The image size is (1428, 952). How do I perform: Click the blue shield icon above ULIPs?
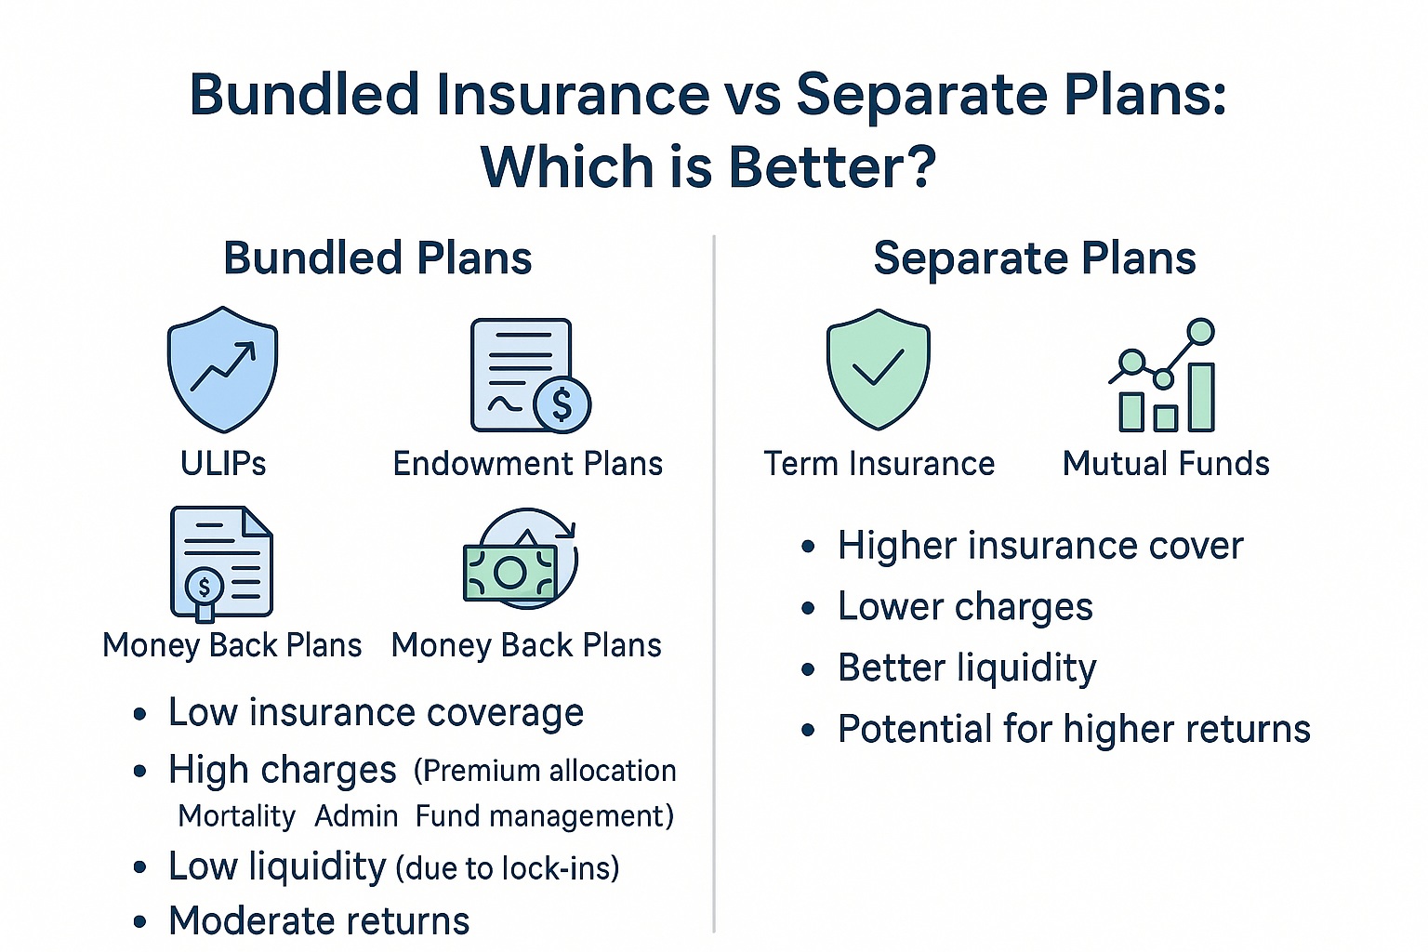point(222,370)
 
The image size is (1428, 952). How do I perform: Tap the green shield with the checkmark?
point(878,369)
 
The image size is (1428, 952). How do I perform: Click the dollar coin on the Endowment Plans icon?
point(562,405)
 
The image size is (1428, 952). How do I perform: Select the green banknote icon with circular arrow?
point(521,559)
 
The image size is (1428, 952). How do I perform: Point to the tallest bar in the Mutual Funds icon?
point(1201,397)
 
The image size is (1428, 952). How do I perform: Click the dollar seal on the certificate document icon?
point(204,587)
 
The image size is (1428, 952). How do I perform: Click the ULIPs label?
point(223,464)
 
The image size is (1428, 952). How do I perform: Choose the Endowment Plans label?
point(528,464)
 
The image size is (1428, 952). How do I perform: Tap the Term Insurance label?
point(879,464)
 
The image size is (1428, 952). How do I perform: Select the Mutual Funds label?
point(1166,464)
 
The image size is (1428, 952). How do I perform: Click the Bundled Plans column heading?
point(377,258)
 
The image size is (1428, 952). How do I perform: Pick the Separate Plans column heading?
point(1035,258)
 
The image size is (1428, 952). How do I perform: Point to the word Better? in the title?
point(832,166)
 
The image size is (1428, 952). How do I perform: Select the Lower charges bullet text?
point(965,606)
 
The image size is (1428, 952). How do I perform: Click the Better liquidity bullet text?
point(967,668)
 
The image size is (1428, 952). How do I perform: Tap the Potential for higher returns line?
point(1074,729)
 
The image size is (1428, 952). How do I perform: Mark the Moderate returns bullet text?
point(319,921)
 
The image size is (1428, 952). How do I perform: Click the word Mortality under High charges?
point(236,817)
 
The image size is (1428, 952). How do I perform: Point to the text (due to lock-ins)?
point(508,868)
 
